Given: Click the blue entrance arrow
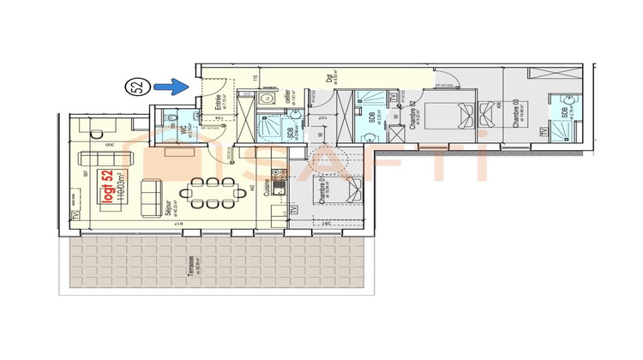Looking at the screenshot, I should click(177, 86).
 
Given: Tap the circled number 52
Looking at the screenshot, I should click(135, 86).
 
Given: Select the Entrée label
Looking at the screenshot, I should click(218, 108).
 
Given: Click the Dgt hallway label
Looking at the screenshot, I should click(329, 80).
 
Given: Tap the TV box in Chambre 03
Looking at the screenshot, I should click(543, 132).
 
